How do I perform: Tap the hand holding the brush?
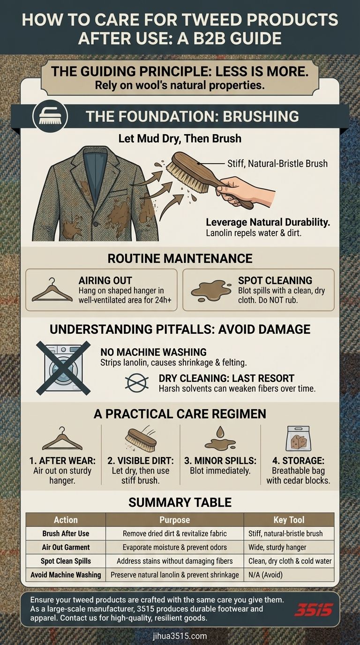(x=245, y=191)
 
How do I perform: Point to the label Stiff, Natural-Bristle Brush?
(x=277, y=164)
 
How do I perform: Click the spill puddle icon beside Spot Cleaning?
(x=211, y=290)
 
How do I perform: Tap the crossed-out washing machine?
(x=63, y=367)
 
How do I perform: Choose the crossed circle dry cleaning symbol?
(x=137, y=382)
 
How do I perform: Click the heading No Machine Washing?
(x=153, y=352)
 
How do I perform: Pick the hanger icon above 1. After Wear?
(x=62, y=439)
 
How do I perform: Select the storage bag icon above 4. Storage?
(x=298, y=439)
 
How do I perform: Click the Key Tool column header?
(x=289, y=520)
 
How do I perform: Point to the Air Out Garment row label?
(x=66, y=547)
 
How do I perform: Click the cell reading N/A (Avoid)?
(x=265, y=575)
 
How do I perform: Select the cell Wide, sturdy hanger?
(x=277, y=547)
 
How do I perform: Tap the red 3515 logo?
(x=314, y=610)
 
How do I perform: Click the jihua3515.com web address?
(x=180, y=636)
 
